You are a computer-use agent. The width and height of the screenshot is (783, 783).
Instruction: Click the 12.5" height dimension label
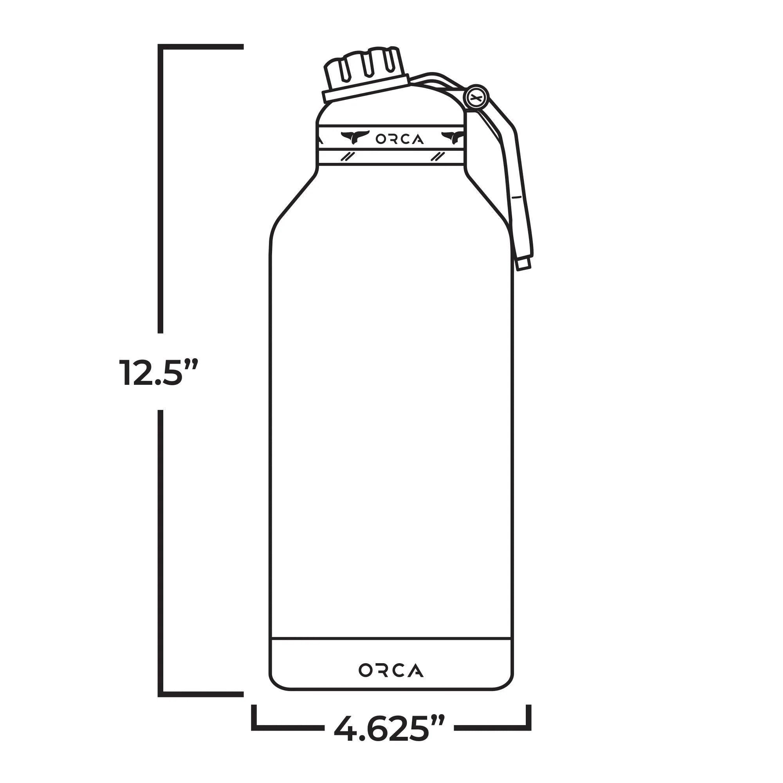[159, 372]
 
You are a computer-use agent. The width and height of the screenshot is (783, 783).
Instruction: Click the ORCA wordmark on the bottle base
[391, 670]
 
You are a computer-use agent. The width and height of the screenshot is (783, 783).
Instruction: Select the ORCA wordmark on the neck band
[400, 139]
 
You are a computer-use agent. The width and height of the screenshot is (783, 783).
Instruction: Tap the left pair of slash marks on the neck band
[347, 157]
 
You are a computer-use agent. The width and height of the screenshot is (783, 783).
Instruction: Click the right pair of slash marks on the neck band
[438, 157]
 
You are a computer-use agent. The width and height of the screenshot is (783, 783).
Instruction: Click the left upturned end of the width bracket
[254, 717]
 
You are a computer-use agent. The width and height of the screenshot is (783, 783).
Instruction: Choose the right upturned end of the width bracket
[528, 717]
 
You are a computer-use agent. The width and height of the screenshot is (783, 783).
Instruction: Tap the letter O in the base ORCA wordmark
[365, 670]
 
